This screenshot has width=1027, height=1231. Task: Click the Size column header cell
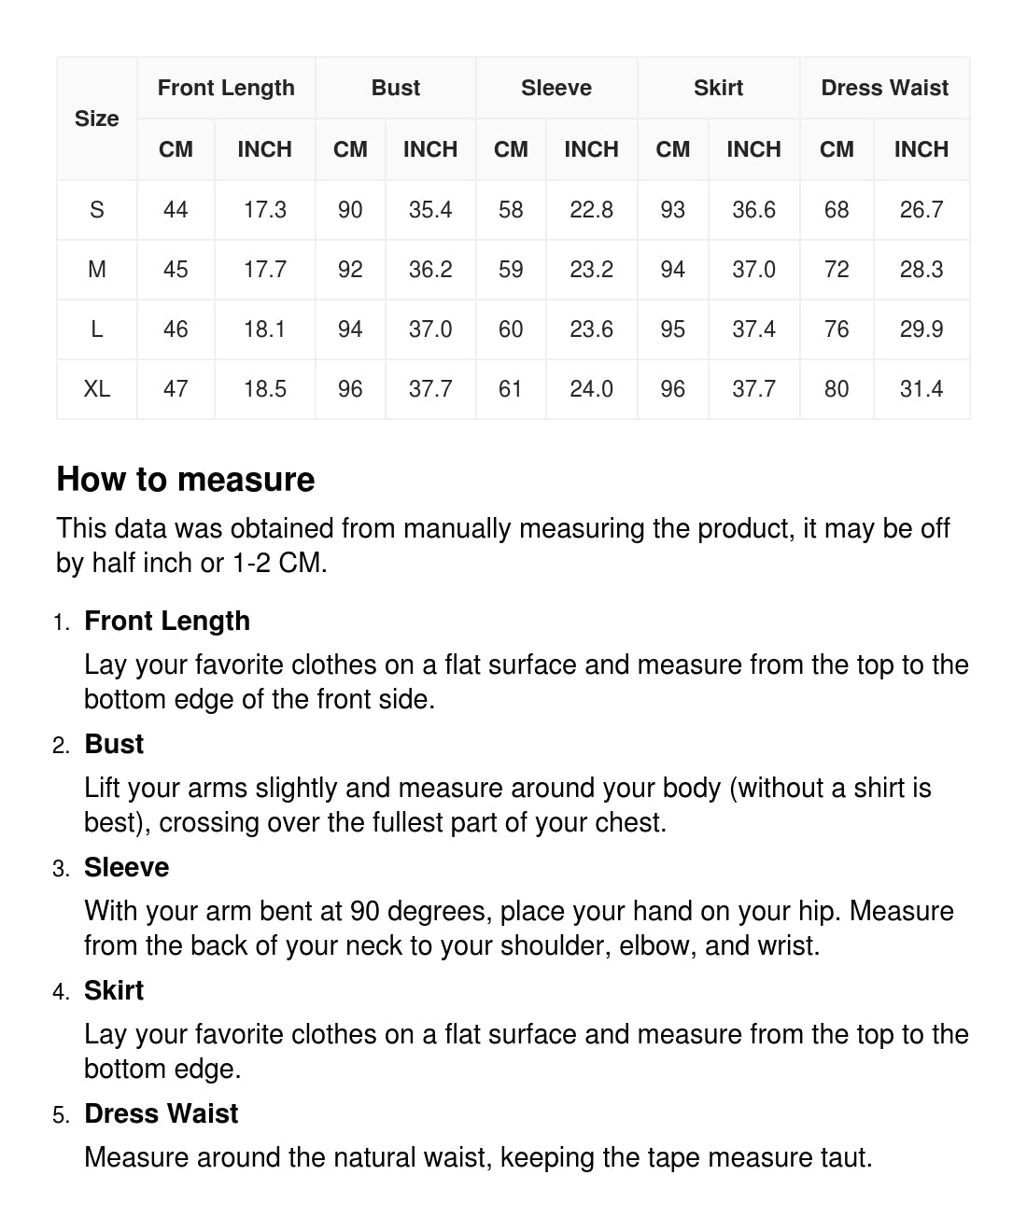point(96,119)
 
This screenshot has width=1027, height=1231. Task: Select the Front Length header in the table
point(226,88)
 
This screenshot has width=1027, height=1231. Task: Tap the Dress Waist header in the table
point(884,88)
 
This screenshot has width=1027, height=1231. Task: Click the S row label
point(96,210)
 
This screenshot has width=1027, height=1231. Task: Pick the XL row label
point(96,389)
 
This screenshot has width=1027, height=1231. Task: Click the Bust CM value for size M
point(350,270)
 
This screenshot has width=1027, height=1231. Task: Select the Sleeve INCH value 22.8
point(591,210)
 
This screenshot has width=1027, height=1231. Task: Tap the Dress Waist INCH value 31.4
point(921,389)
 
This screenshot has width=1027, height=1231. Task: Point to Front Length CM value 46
point(176,329)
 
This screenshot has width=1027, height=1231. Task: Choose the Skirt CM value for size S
point(672,210)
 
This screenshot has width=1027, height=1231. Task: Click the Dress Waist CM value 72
point(837,270)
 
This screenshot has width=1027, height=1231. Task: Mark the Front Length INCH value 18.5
point(264,389)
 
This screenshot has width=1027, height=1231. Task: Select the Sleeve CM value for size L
point(511,329)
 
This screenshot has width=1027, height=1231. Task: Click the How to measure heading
point(186,479)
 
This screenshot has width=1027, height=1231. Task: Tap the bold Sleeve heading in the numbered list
point(126,867)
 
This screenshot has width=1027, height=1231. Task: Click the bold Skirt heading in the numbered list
point(114,990)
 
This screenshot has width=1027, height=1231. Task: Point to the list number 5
point(61,1115)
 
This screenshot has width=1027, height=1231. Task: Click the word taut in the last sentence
point(844,1157)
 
